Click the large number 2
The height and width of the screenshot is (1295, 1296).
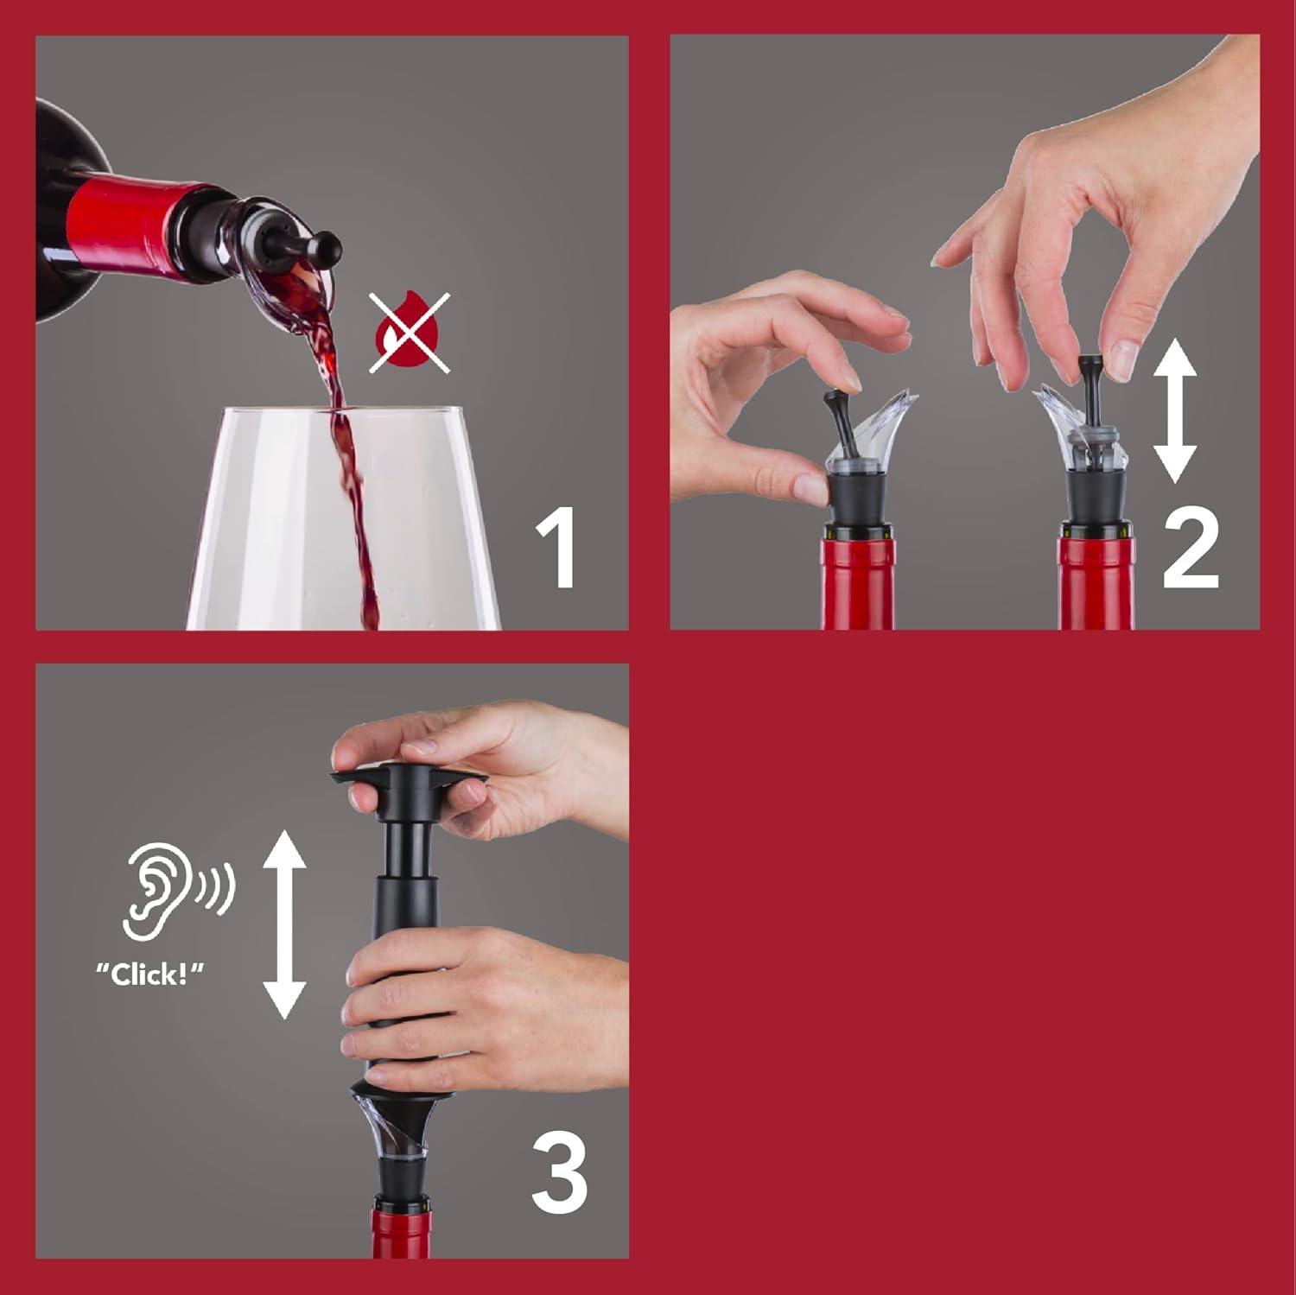(x=1190, y=549)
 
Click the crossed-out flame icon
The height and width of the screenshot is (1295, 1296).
(x=409, y=333)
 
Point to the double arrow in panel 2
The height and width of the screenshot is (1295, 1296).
(x=1175, y=410)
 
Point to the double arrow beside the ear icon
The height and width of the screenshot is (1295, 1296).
(x=284, y=923)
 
